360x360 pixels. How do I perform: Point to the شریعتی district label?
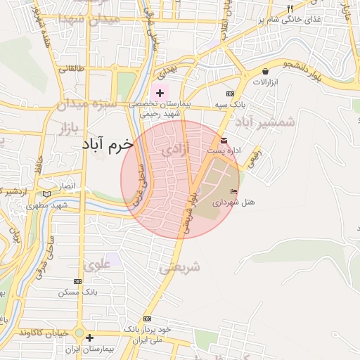pyautogui.click(x=180, y=267)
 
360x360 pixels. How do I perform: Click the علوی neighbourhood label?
pyautogui.click(x=96, y=265)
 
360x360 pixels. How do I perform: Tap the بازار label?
pyautogui.click(x=63, y=129)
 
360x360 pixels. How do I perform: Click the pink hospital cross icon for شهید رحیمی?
pyautogui.click(x=160, y=93)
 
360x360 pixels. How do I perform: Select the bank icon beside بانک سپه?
pyautogui.click(x=230, y=94)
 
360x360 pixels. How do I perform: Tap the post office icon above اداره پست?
pyautogui.click(x=224, y=140)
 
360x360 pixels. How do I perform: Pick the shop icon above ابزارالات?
pyautogui.click(x=265, y=71)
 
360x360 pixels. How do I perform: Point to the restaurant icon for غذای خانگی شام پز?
pyautogui.click(x=289, y=8)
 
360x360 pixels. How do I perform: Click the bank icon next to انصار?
pyautogui.click(x=47, y=193)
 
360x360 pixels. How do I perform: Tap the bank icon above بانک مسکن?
pyautogui.click(x=78, y=281)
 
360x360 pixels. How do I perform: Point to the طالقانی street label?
pyautogui.click(x=70, y=69)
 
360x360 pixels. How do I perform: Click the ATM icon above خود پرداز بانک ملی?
pyautogui.click(x=147, y=319)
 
